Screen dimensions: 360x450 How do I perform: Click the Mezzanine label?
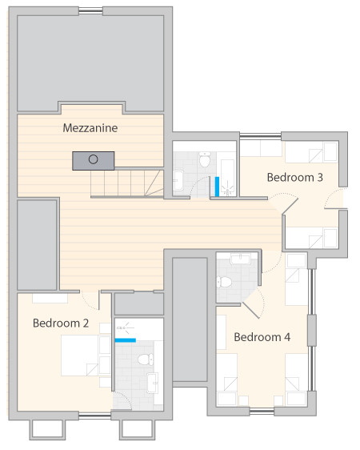click(x=90, y=128)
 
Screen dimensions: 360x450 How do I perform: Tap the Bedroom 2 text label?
click(x=61, y=323)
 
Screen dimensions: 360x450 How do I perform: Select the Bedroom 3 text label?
click(x=295, y=178)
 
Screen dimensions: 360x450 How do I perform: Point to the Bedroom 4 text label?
click(x=262, y=337)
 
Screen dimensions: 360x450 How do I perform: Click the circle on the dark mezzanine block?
click(x=93, y=159)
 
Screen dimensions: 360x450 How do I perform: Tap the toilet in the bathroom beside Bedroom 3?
click(x=205, y=159)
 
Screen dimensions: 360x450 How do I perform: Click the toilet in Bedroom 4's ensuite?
click(x=223, y=282)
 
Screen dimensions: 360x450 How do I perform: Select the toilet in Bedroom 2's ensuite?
click(x=146, y=360)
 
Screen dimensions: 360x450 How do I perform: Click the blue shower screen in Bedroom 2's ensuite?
click(x=126, y=340)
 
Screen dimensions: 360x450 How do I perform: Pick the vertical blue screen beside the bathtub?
click(x=217, y=187)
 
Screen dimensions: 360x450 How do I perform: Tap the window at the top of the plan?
click(x=90, y=11)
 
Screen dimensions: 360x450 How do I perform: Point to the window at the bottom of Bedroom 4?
click(x=262, y=412)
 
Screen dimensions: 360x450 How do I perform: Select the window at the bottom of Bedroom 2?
click(x=95, y=416)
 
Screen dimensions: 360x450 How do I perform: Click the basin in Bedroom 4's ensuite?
click(x=240, y=259)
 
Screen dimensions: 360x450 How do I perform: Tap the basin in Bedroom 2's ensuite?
click(x=153, y=383)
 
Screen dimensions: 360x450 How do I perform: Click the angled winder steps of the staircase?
click(x=154, y=183)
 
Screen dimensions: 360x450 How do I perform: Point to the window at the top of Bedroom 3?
click(x=260, y=136)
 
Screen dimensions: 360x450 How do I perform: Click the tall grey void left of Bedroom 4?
click(x=190, y=319)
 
